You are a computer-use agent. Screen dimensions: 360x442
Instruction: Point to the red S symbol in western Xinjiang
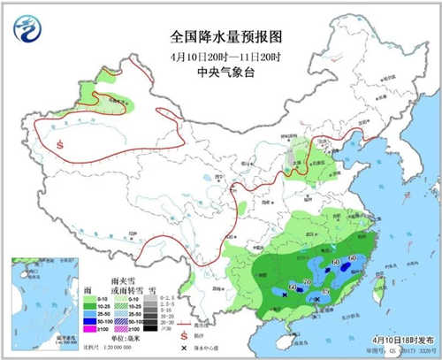pyautogui.click(x=59, y=143)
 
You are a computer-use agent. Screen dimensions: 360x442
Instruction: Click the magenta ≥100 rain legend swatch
pyautogui.click(x=88, y=329)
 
